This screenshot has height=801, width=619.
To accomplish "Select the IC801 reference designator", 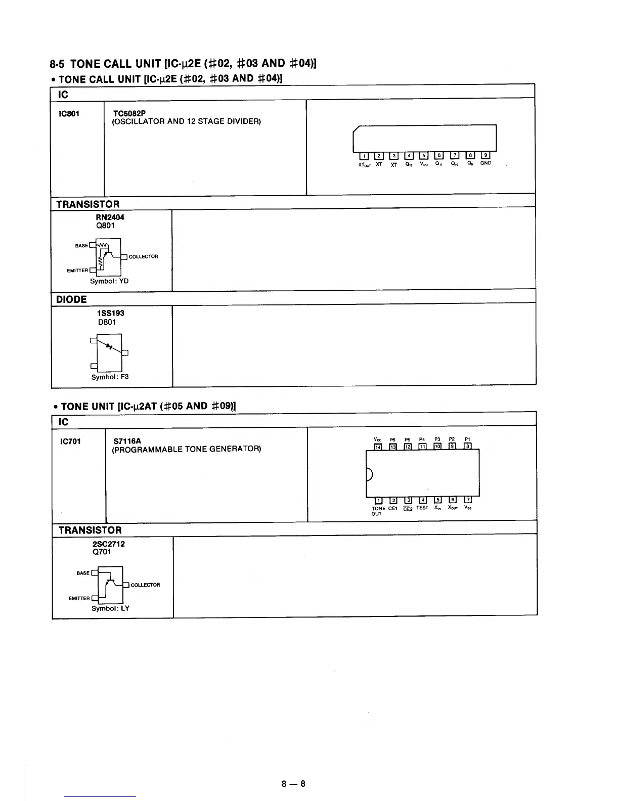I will point(69,113).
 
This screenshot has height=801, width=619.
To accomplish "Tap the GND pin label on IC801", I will point(485,163).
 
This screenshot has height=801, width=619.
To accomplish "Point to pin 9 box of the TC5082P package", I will point(485,155).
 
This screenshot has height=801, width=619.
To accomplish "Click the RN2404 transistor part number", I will point(110,217).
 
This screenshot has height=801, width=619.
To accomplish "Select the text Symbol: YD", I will point(109,281).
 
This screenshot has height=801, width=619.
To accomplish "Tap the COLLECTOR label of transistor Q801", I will point(144,257).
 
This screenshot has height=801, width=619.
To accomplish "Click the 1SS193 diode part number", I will point(110,313).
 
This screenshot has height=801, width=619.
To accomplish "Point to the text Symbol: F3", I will point(110,377).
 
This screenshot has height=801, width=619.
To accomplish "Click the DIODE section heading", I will point(71,299).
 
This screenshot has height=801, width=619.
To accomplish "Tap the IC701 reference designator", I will point(70,441).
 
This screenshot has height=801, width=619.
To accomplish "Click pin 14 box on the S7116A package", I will point(378,446).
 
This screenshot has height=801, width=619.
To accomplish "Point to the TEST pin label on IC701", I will point(422,508).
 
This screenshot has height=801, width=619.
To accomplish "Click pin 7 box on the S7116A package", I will point(469,501).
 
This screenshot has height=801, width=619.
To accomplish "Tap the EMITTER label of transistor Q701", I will point(79,598).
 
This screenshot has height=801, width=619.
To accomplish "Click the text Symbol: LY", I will point(110,608).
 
